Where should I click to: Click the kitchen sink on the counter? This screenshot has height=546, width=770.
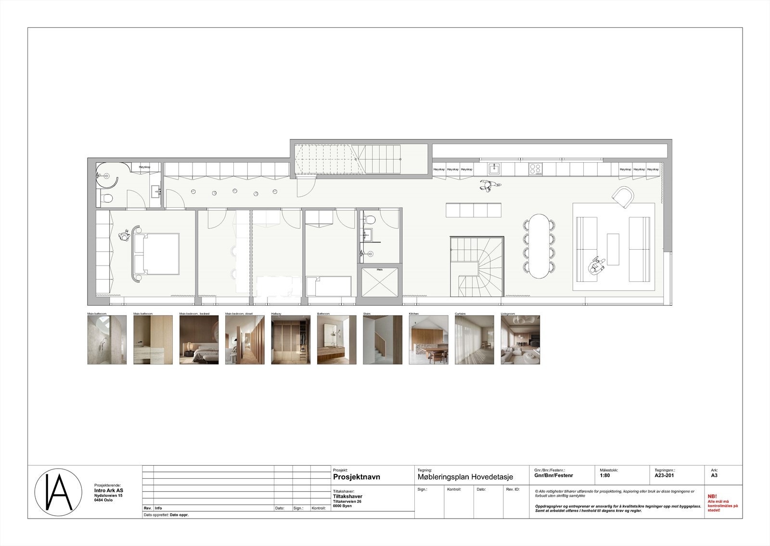(x=494, y=169)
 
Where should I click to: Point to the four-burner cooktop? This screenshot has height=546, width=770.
(x=535, y=169)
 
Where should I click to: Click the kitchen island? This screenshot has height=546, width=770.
(x=474, y=210)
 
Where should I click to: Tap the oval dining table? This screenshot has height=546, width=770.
(x=539, y=246)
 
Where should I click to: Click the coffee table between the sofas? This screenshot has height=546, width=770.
(x=613, y=249)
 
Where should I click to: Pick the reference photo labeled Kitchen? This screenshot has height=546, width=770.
(x=428, y=340)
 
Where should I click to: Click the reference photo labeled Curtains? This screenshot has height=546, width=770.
(x=474, y=340)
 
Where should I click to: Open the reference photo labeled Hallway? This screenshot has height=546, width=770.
(x=290, y=340)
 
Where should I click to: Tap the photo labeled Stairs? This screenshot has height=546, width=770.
(x=382, y=340)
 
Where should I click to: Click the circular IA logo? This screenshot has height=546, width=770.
(x=53, y=492)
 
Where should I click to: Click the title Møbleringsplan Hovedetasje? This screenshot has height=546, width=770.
(x=466, y=477)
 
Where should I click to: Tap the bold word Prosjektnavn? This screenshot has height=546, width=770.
(x=357, y=477)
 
